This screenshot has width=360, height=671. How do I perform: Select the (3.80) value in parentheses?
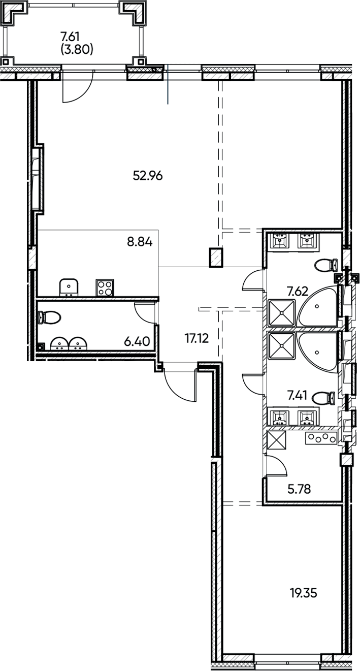(76, 49)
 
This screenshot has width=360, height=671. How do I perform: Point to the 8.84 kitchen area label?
(140, 241)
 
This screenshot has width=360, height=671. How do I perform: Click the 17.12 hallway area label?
(197, 339)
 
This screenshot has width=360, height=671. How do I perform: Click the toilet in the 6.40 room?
(50, 317)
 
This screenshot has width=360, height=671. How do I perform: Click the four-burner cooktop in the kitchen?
(105, 287)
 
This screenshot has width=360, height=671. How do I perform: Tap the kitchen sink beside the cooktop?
(69, 287)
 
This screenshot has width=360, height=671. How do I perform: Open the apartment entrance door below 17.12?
(180, 386)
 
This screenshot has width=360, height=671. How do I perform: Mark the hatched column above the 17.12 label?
(216, 257)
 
